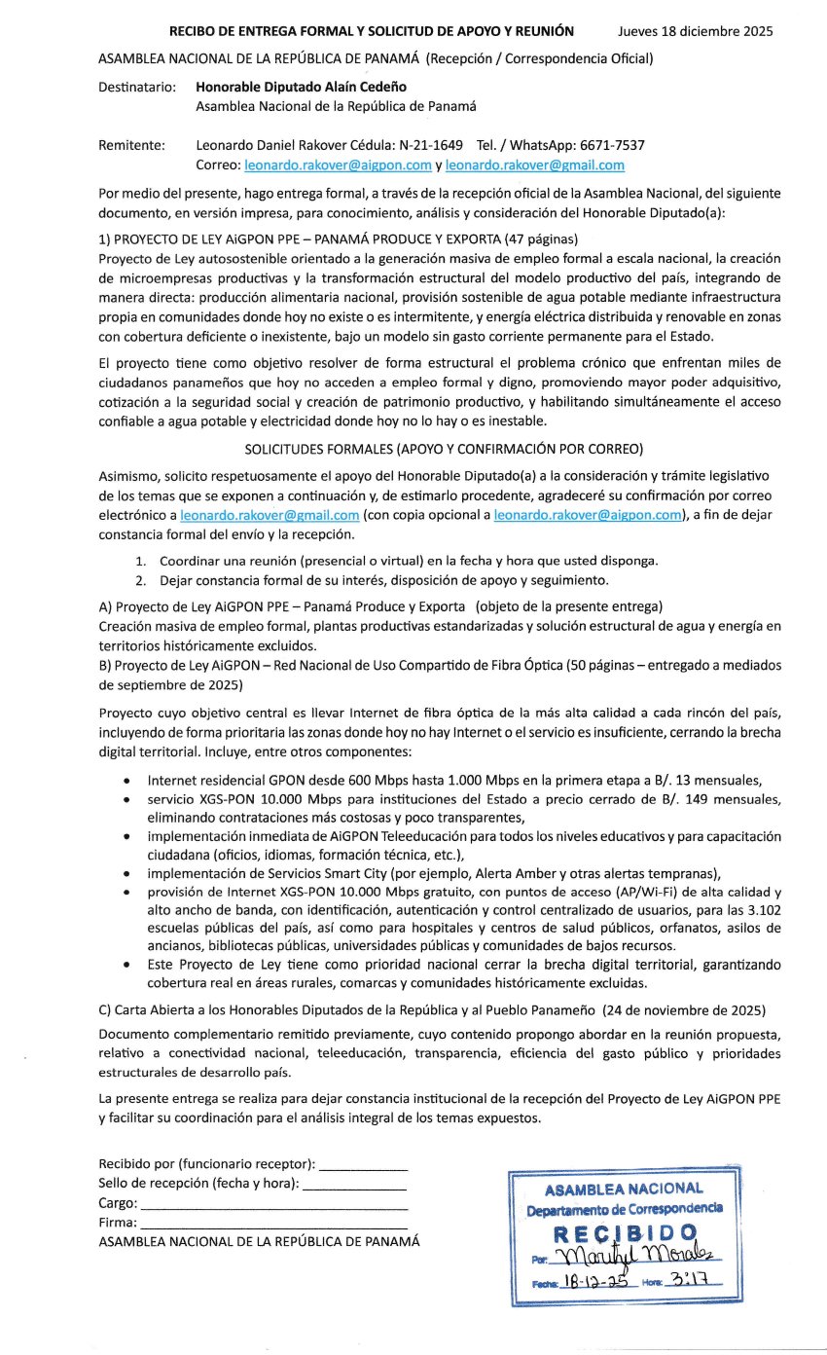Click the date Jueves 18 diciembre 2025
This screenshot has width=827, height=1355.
pos(696,31)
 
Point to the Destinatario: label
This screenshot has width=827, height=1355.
pos(137,87)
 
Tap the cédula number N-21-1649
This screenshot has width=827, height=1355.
pos(429,145)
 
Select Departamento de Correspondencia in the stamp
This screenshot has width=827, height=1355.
pos(625,1209)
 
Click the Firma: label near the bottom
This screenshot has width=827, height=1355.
pos(118,1222)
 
